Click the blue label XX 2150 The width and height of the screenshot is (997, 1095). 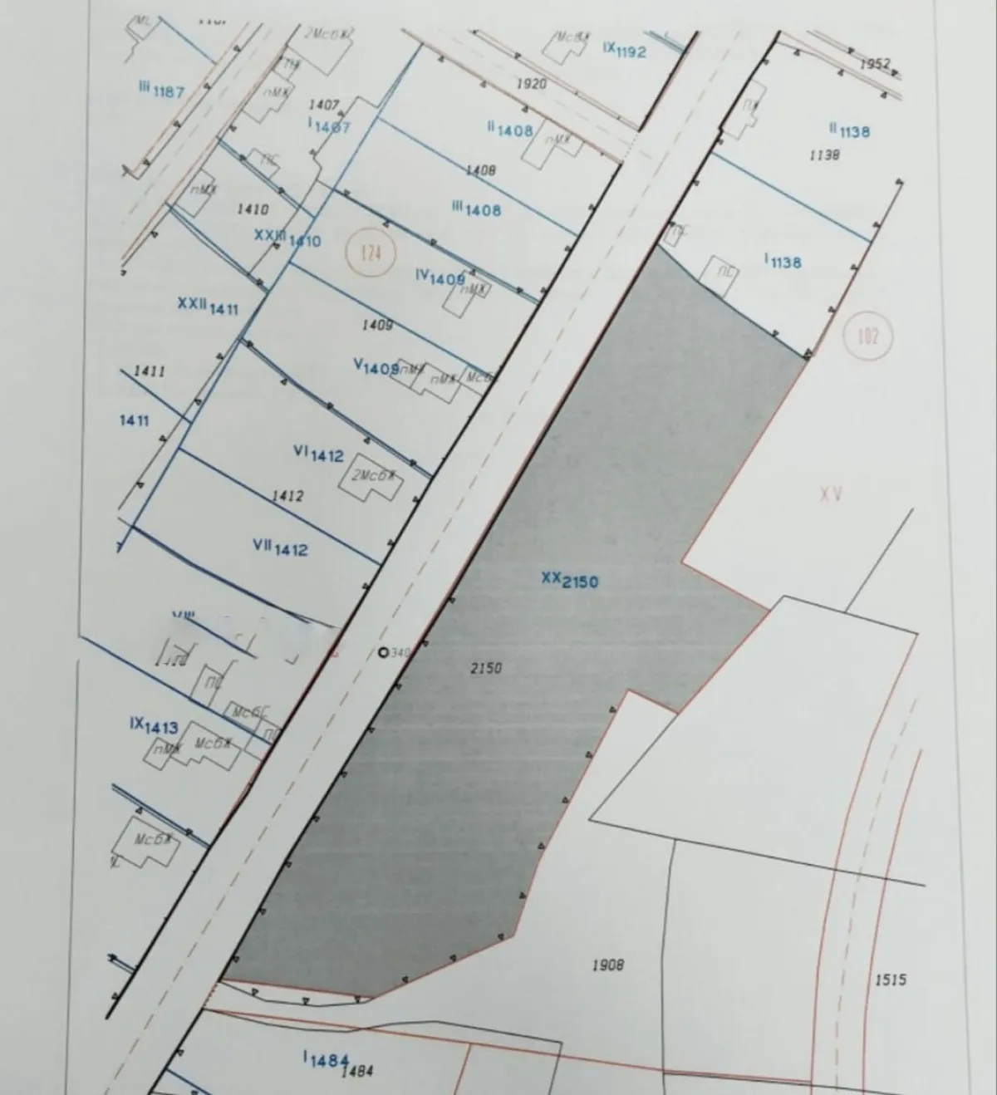569,580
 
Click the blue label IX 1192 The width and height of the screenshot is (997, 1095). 624,50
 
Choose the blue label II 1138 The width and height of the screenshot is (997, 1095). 849,130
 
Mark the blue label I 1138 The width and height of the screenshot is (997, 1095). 783,262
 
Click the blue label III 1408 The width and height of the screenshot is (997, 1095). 476,209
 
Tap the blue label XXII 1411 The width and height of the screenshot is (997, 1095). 208,307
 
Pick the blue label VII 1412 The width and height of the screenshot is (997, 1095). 280,547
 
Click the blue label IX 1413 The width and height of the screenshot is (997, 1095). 154,726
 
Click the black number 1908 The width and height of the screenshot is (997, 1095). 607,965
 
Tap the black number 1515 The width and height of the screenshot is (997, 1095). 891,980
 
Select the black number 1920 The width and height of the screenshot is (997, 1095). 531,84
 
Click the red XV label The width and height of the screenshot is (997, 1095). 831,494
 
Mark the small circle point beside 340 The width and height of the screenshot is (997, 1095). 383,653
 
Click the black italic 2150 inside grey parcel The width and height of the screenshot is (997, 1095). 486,667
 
